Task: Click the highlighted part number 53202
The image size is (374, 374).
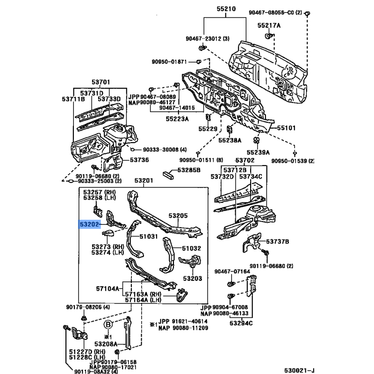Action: click(89, 225)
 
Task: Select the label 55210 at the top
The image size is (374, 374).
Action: click(226, 8)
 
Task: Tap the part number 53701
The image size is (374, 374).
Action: click(99, 83)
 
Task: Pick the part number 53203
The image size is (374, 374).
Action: click(192, 279)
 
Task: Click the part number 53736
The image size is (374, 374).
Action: click(139, 160)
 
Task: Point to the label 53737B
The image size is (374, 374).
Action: click(278, 241)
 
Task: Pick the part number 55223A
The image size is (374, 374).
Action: click(177, 119)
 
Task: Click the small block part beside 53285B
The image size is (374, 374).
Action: click(168, 174)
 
